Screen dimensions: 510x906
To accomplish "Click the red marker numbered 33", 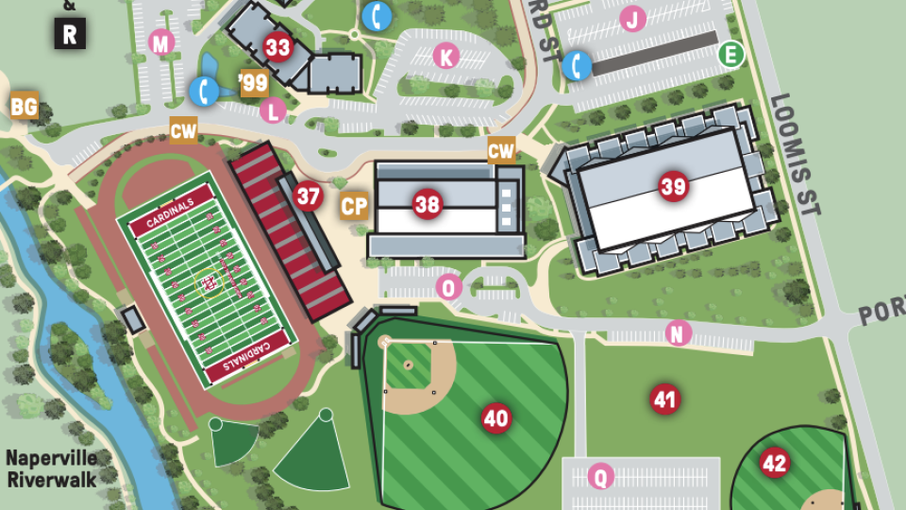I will [x=277, y=46].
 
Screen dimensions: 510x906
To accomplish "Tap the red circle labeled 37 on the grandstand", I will [x=308, y=196].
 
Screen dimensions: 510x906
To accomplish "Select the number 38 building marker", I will [x=427, y=204].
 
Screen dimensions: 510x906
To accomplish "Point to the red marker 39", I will [x=673, y=187].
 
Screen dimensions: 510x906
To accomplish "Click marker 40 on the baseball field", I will [x=495, y=417].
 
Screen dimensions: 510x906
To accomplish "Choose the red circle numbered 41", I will [x=665, y=399].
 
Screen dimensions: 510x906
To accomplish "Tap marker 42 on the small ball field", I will [x=774, y=463].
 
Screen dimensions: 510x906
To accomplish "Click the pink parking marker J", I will [x=632, y=18].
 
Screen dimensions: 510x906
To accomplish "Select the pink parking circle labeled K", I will [x=445, y=57].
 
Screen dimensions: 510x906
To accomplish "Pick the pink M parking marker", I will [x=162, y=42].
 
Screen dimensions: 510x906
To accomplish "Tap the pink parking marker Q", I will [x=600, y=477].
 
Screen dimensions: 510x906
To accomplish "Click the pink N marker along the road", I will [x=678, y=332].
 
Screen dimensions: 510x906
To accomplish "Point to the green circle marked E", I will [x=730, y=54].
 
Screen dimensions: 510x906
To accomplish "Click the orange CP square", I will [x=354, y=206].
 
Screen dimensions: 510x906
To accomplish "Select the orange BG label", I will [x=25, y=106].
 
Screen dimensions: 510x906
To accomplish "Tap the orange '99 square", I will [x=254, y=83].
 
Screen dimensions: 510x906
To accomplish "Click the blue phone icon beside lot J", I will [x=577, y=65].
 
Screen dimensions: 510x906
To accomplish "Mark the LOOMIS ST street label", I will [x=796, y=155].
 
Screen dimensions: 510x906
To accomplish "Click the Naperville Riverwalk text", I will [x=51, y=468].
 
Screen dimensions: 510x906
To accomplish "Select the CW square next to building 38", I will [x=501, y=150].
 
